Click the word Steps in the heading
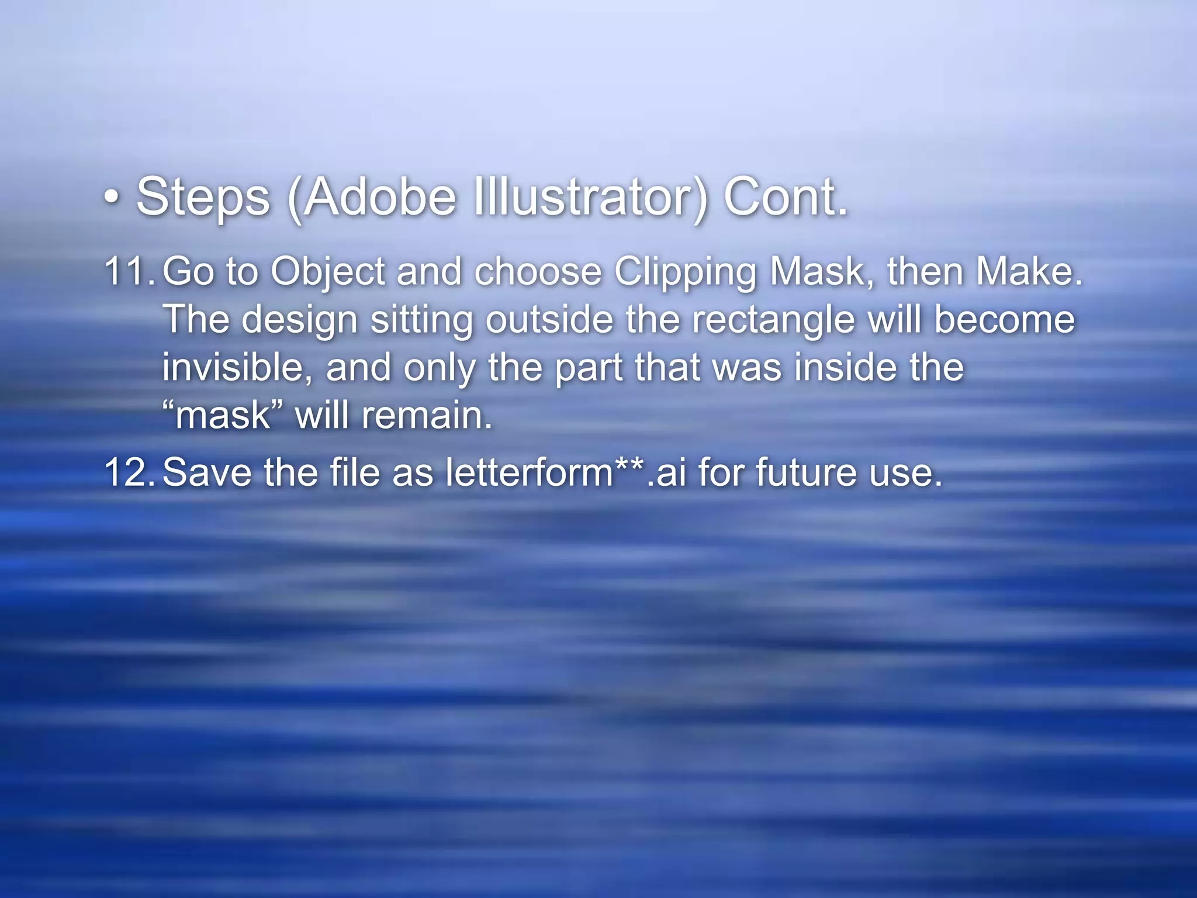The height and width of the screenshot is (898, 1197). (x=203, y=198)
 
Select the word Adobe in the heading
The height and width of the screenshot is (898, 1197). (x=380, y=198)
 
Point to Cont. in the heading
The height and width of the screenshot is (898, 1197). (x=786, y=198)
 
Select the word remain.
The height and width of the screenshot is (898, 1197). (x=427, y=416)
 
